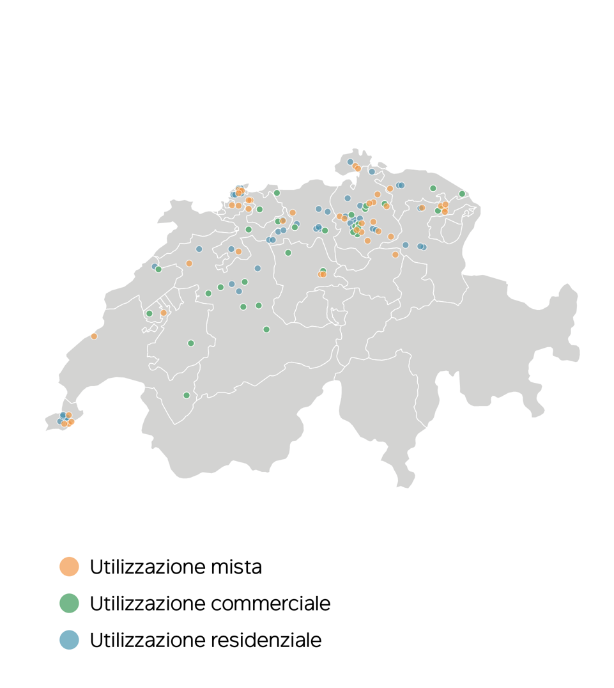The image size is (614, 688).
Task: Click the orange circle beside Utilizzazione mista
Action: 69,567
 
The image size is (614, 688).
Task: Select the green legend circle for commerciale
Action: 69,603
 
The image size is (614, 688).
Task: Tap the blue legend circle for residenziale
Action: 69,639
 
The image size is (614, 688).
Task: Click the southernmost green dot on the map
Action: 187,395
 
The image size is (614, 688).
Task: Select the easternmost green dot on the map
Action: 462,194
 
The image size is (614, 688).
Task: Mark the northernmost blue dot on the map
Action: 350,162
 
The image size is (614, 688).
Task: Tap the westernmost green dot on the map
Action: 150,313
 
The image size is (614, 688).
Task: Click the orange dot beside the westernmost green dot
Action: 164,313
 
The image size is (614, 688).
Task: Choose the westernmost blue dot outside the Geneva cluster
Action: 155,267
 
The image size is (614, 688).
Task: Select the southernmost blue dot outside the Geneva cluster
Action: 239,291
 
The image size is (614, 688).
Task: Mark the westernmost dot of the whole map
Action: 60,421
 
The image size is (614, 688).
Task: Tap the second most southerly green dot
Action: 190,343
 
